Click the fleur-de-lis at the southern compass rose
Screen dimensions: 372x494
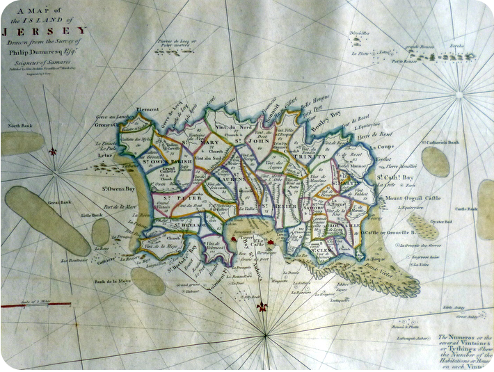(262, 307)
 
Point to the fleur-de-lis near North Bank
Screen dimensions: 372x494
(53, 151)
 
